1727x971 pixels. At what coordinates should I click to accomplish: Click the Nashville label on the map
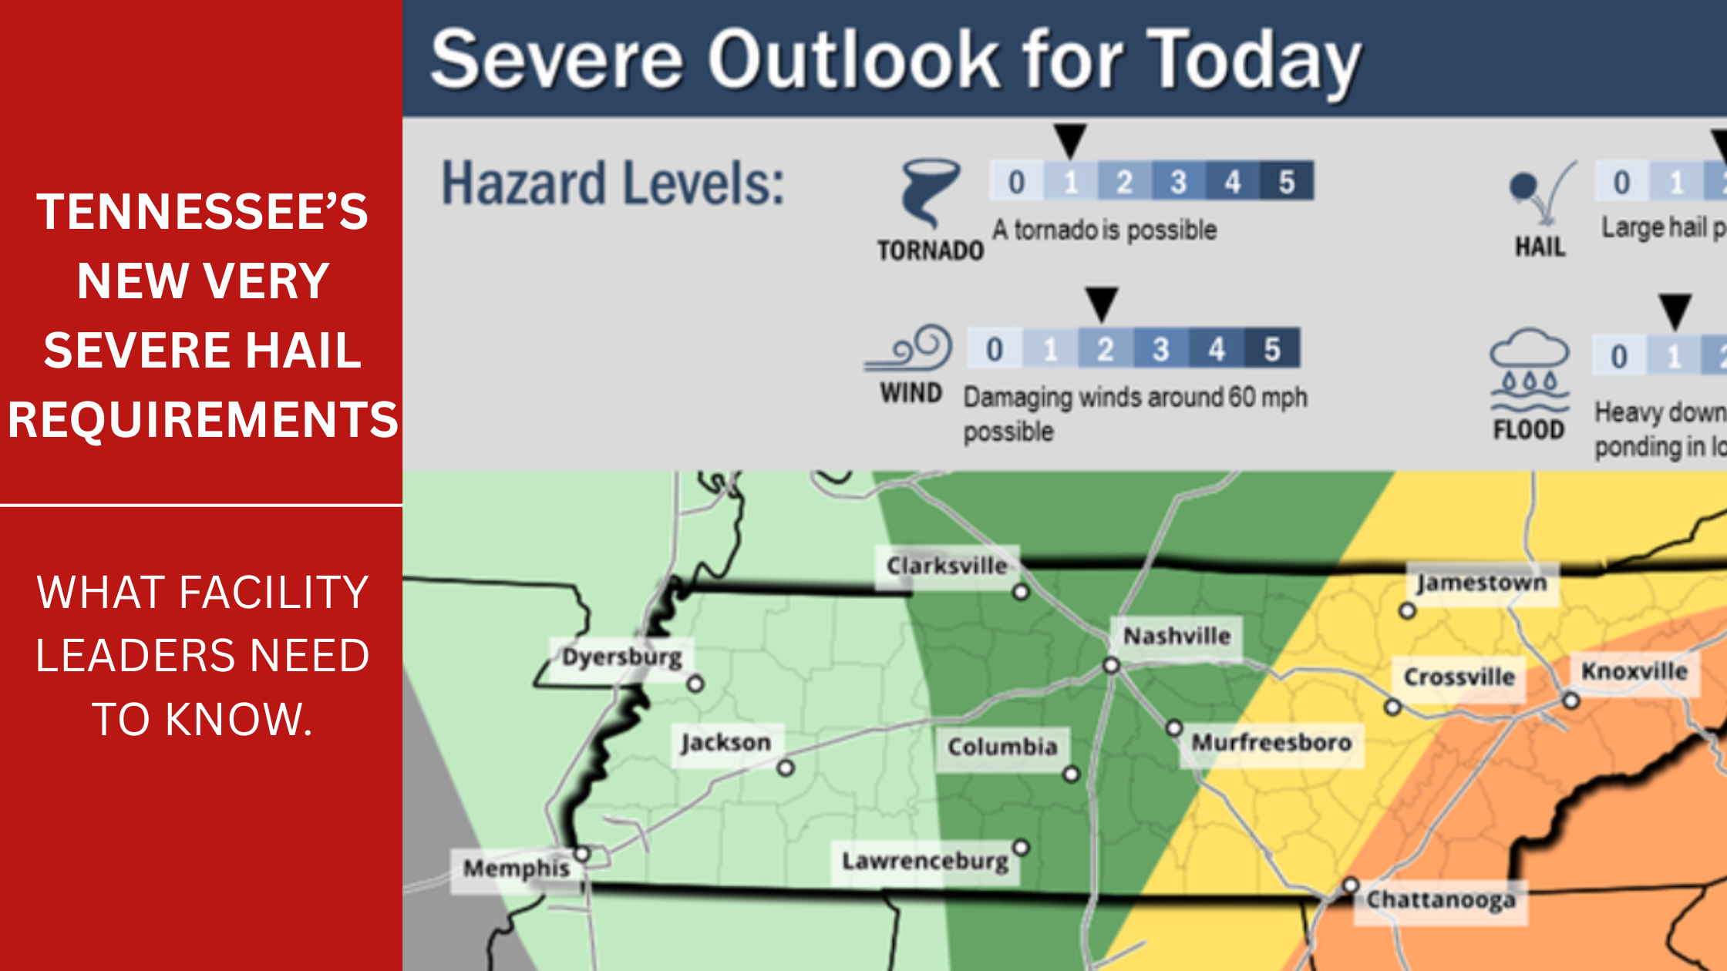(x=1177, y=637)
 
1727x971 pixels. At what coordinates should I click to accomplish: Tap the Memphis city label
(x=517, y=869)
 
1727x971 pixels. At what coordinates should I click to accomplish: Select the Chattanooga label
(x=1440, y=900)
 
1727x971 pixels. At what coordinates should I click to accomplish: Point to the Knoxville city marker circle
(x=1571, y=701)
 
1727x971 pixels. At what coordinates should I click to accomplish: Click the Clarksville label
(x=947, y=566)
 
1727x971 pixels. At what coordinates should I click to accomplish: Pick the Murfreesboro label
(x=1271, y=743)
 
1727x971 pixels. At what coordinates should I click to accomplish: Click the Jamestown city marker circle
(x=1407, y=611)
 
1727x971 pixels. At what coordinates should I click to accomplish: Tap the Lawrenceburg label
(x=924, y=861)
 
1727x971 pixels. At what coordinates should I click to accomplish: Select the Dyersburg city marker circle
(x=695, y=684)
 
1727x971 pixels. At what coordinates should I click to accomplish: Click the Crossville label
(x=1459, y=677)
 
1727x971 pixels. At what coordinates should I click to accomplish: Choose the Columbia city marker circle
(x=1072, y=774)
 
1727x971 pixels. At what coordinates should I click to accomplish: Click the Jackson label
(x=725, y=743)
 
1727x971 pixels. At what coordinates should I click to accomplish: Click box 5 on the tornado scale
(x=1286, y=182)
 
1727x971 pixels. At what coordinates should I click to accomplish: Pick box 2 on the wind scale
(x=1106, y=349)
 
